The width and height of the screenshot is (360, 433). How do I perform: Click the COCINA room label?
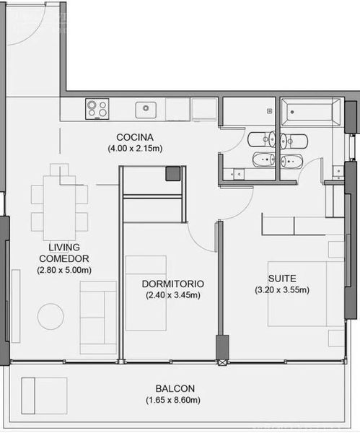(135, 137)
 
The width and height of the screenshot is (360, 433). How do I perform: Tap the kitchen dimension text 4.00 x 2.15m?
(135, 148)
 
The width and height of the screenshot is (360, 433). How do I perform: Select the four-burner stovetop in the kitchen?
(97, 109)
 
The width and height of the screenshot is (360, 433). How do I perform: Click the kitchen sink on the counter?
(146, 110)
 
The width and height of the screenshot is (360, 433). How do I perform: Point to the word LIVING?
(64, 247)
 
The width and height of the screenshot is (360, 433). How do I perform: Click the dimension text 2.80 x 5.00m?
(64, 270)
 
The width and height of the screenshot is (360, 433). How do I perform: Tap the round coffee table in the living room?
(51, 317)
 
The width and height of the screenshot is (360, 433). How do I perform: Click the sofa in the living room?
(98, 318)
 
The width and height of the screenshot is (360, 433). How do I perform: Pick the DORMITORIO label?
(173, 284)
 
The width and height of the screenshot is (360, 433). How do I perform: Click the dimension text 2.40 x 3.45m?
(173, 295)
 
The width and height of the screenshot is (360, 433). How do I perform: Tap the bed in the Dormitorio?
(146, 293)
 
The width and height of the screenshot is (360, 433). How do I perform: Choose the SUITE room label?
(282, 279)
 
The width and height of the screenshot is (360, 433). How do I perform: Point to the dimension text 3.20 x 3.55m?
(282, 290)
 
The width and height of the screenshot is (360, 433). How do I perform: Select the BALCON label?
(175, 388)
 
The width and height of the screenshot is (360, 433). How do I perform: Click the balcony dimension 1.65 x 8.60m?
(173, 400)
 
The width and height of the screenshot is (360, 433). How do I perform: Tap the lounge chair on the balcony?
(45, 395)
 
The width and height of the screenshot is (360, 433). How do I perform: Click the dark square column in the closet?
(173, 174)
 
